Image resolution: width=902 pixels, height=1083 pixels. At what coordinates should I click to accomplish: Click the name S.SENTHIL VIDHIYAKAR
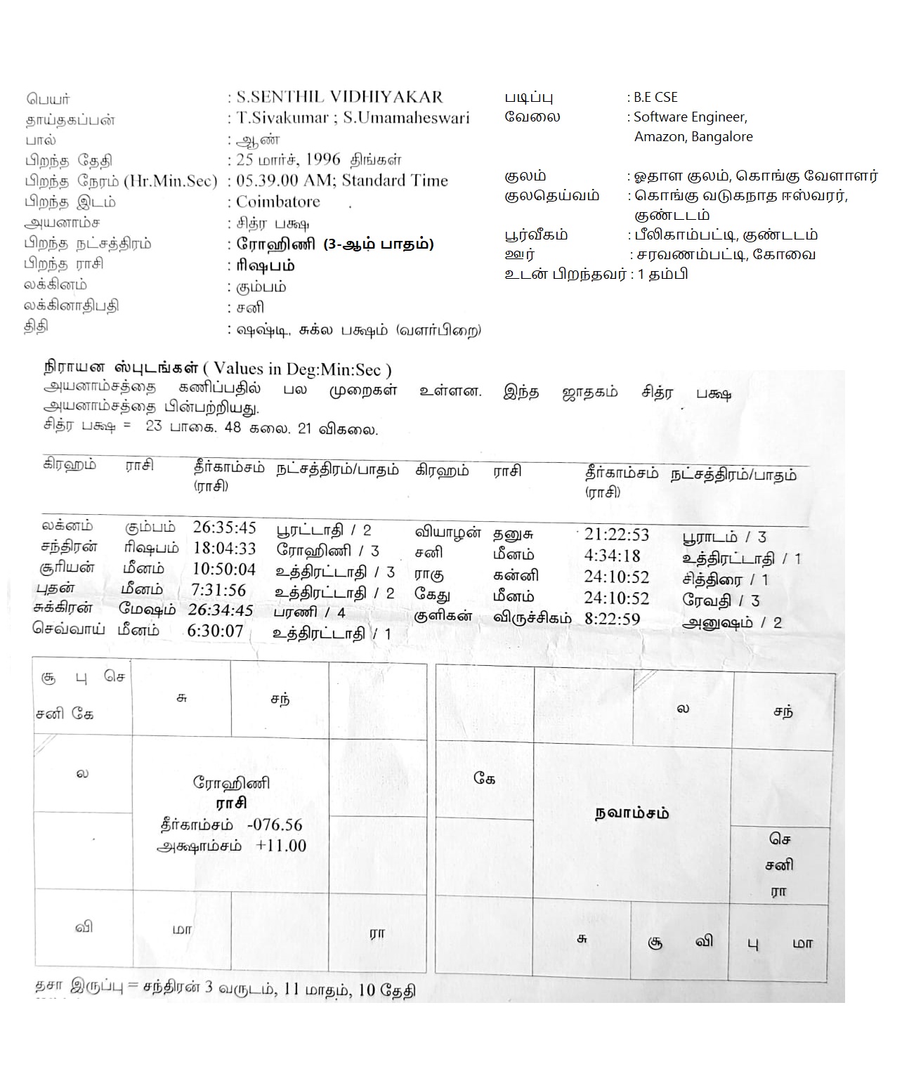pyautogui.click(x=339, y=97)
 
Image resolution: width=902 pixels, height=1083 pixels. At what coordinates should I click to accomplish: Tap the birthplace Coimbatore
pyautogui.click(x=277, y=202)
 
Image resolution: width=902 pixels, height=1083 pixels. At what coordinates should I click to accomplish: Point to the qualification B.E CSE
pyautogui.click(x=655, y=98)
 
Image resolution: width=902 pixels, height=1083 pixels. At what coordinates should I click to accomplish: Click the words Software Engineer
pyautogui.click(x=690, y=117)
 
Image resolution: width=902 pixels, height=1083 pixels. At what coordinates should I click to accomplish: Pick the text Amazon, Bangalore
pyautogui.click(x=693, y=137)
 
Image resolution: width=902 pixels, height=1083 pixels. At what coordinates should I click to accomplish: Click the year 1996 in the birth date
pyautogui.click(x=322, y=159)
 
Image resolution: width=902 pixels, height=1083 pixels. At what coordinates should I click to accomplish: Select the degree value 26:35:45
pyautogui.click(x=224, y=527)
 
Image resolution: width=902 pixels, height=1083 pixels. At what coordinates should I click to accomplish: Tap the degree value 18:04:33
pyautogui.click(x=224, y=549)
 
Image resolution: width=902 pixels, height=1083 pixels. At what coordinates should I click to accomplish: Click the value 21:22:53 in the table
pyautogui.click(x=616, y=534)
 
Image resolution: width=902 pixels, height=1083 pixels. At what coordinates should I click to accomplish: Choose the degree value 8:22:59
pyautogui.click(x=612, y=619)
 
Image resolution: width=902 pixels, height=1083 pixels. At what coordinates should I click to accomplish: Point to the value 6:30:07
pyautogui.click(x=215, y=631)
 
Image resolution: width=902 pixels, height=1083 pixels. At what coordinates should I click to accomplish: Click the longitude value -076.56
pyautogui.click(x=275, y=825)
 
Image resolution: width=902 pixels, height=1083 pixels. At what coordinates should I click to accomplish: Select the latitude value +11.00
pyautogui.click(x=281, y=846)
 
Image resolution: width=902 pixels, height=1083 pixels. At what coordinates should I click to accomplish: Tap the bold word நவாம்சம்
pyautogui.click(x=632, y=813)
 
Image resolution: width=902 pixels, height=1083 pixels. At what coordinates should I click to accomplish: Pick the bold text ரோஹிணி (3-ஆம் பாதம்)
pyautogui.click(x=334, y=244)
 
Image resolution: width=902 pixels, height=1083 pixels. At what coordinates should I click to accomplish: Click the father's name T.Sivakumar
pyautogui.click(x=282, y=118)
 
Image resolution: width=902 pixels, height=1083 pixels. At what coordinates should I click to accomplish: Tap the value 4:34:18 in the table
pyautogui.click(x=612, y=556)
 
